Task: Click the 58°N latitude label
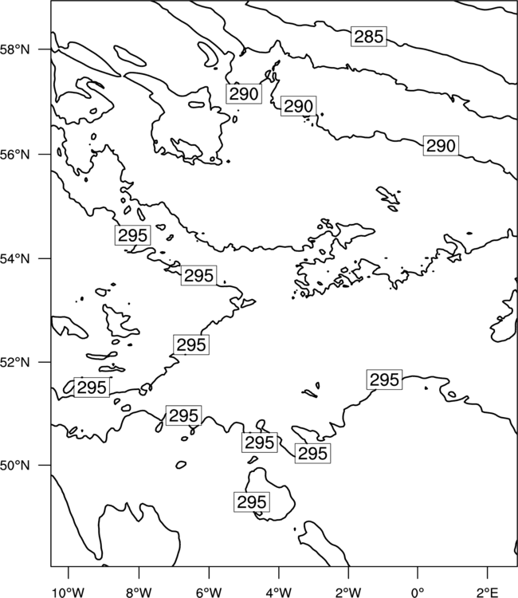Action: point(15,49)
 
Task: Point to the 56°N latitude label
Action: point(15,155)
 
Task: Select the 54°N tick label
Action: point(15,258)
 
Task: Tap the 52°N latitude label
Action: point(15,362)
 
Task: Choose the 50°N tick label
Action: point(15,466)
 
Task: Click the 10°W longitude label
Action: point(69,592)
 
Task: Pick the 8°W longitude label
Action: point(139,592)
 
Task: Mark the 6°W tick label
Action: point(209,592)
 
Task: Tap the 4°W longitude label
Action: point(279,592)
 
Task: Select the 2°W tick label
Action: point(348,592)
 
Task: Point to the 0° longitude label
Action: point(418,592)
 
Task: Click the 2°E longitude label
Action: point(488,592)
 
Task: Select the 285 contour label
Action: point(369,37)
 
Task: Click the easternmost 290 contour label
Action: point(441,146)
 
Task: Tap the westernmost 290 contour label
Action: point(244,94)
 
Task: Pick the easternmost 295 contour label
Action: point(384,380)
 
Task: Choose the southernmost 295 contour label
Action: point(252,502)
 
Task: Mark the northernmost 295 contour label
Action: point(132,235)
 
